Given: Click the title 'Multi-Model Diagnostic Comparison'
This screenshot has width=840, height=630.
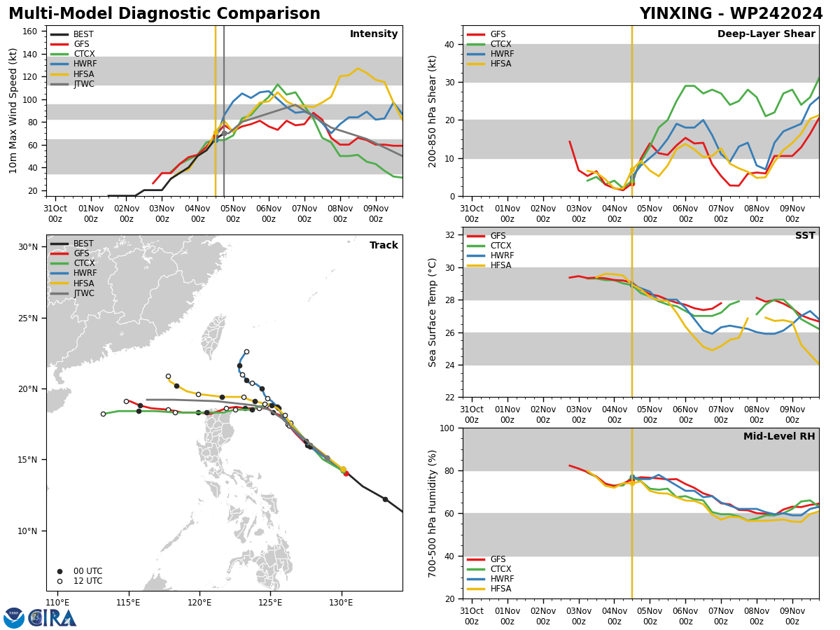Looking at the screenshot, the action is [164, 13].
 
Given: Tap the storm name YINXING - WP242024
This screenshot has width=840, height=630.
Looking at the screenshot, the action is [731, 13].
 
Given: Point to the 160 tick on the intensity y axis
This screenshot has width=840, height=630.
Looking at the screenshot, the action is [30, 31].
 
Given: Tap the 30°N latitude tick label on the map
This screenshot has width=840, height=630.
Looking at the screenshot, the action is [28, 246].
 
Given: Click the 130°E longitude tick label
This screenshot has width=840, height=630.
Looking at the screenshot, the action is [341, 603].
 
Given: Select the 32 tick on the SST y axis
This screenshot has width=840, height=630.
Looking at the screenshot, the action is [449, 235].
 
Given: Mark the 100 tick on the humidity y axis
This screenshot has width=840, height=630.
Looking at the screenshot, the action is [447, 428].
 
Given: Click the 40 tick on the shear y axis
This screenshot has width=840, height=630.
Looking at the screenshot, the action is [449, 44].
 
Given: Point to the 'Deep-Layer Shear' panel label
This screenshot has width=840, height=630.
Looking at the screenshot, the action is [766, 34].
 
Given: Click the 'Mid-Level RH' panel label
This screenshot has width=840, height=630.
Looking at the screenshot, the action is [779, 436].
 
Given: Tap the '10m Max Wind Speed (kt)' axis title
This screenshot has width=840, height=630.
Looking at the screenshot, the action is [13, 111].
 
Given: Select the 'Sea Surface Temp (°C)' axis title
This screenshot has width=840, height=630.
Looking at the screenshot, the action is [432, 312].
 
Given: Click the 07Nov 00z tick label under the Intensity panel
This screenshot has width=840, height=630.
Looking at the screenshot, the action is [304, 213].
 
